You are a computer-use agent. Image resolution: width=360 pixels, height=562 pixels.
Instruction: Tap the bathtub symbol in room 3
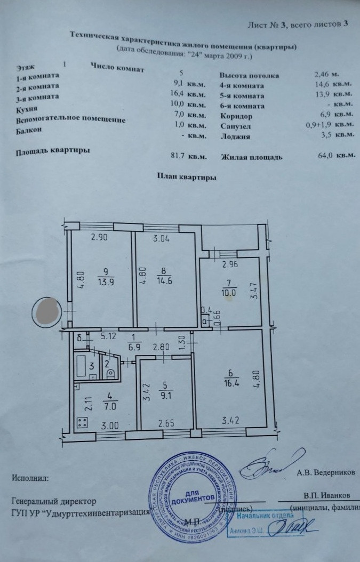[x=84, y=366]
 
